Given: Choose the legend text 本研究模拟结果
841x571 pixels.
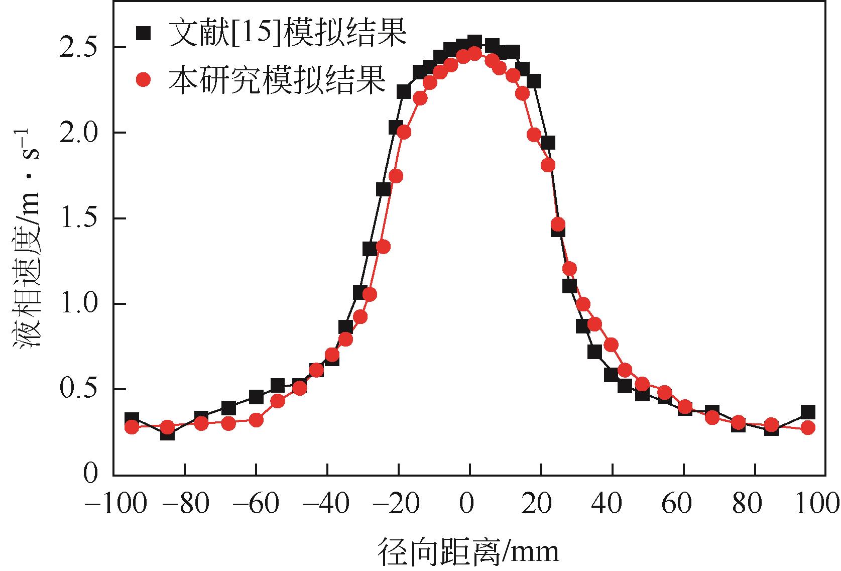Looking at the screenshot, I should coord(277,79).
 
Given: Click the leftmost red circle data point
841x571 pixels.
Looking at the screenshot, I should coord(132,427).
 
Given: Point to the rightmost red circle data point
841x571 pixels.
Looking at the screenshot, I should coord(808,428).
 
